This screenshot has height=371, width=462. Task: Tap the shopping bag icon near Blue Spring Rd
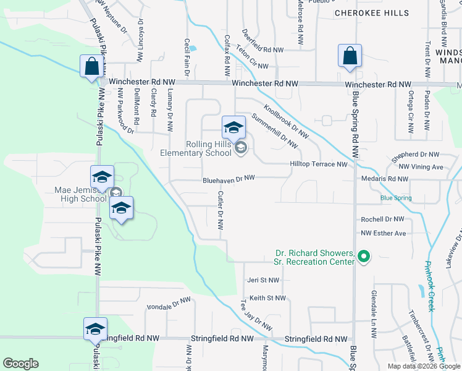coord(350,55)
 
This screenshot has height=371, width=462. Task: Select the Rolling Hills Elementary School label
coord(196,149)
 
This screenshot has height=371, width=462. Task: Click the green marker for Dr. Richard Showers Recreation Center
coord(364,255)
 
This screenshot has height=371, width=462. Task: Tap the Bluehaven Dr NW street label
coord(229,181)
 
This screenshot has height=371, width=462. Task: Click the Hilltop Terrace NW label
coord(319,164)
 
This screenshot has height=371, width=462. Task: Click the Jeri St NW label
coord(265,280)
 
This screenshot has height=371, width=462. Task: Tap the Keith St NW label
coord(267,298)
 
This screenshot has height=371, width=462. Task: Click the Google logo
coord(20,364)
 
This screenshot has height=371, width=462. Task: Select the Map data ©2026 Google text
coord(424,366)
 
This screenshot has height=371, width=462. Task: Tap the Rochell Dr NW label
coord(382,220)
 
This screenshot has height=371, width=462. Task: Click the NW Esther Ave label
coord(384,233)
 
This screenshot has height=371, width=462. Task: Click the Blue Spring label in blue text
coord(396,198)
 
